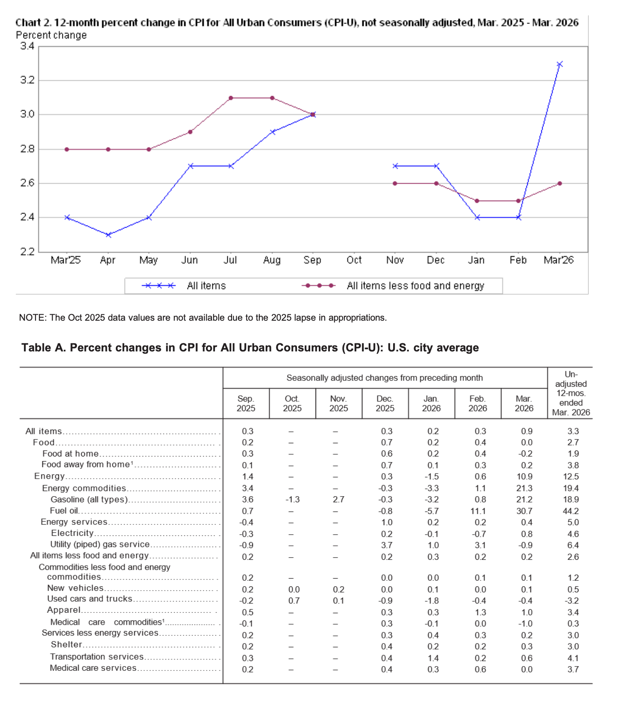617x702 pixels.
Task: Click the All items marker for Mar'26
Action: (559, 64)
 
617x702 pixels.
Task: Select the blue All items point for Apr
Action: (108, 234)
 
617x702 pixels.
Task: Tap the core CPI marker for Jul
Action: (231, 98)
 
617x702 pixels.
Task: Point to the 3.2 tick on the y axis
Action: (27, 80)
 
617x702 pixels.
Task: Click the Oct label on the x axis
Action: (354, 260)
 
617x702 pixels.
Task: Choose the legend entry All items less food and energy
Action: (415, 286)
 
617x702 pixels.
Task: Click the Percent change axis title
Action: (51, 35)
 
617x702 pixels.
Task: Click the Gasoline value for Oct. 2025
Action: (292, 500)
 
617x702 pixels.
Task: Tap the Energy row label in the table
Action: (50, 476)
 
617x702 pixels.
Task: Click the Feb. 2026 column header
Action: (478, 404)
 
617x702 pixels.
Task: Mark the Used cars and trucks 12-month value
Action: (573, 601)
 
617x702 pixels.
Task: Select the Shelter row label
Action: (66, 645)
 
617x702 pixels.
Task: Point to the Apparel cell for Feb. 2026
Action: (480, 612)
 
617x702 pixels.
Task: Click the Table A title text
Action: (250, 348)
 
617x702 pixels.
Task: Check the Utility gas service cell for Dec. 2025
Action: (386, 545)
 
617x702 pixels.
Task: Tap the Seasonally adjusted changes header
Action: (385, 378)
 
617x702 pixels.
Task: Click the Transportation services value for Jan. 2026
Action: (433, 658)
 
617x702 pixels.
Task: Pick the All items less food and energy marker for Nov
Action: (395, 183)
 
